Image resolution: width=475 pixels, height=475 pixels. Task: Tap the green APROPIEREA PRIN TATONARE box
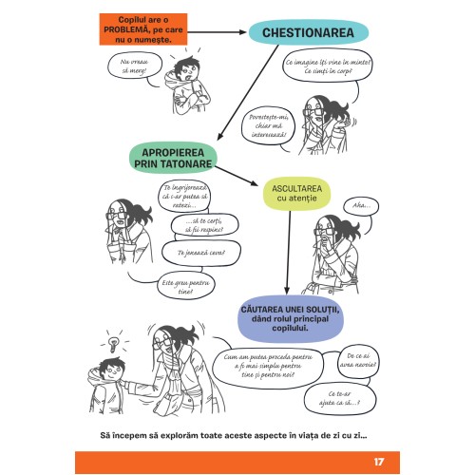[169, 158]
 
